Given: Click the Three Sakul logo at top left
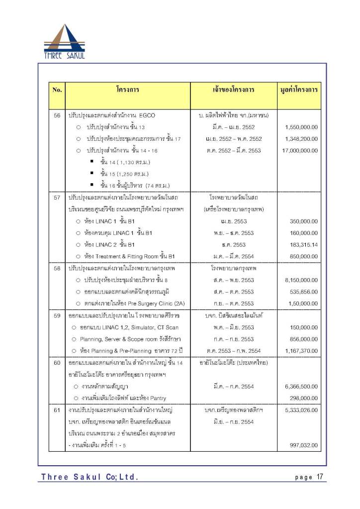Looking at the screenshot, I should point(64,42).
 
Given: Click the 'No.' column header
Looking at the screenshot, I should point(57,90).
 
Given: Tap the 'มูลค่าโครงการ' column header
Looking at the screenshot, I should point(299,90).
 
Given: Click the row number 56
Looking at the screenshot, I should point(57,115).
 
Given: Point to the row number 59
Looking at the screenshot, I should point(57,315).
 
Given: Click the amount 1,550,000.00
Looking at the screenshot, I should point(301,127).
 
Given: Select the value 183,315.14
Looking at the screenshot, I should point(303,244).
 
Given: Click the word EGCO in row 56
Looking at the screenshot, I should point(147,115).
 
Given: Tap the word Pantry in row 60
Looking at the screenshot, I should point(157,398).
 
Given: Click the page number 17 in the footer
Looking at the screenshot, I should point(320,477).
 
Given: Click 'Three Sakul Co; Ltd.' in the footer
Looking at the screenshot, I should point(90,478).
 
